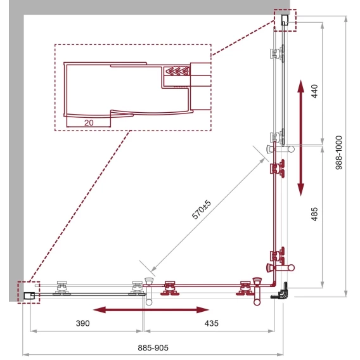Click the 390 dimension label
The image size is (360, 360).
tap(82, 323)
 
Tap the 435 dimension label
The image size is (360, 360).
tap(211, 323)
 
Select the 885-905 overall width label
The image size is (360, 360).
tap(153, 348)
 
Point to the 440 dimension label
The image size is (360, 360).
tap(314, 91)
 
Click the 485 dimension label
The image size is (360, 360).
tap(314, 214)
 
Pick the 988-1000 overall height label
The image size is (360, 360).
tap(339, 153)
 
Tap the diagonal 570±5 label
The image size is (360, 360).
tap(201, 210)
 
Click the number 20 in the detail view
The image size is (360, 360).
tap(89, 123)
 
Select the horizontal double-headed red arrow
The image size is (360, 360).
tap(151, 310)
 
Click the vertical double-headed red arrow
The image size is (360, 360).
tap(301, 138)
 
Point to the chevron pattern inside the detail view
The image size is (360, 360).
tap(177, 71)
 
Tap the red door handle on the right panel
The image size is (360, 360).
tap(281, 267)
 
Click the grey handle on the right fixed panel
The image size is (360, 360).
tap(281, 149)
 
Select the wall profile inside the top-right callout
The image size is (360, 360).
tap(285, 20)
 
